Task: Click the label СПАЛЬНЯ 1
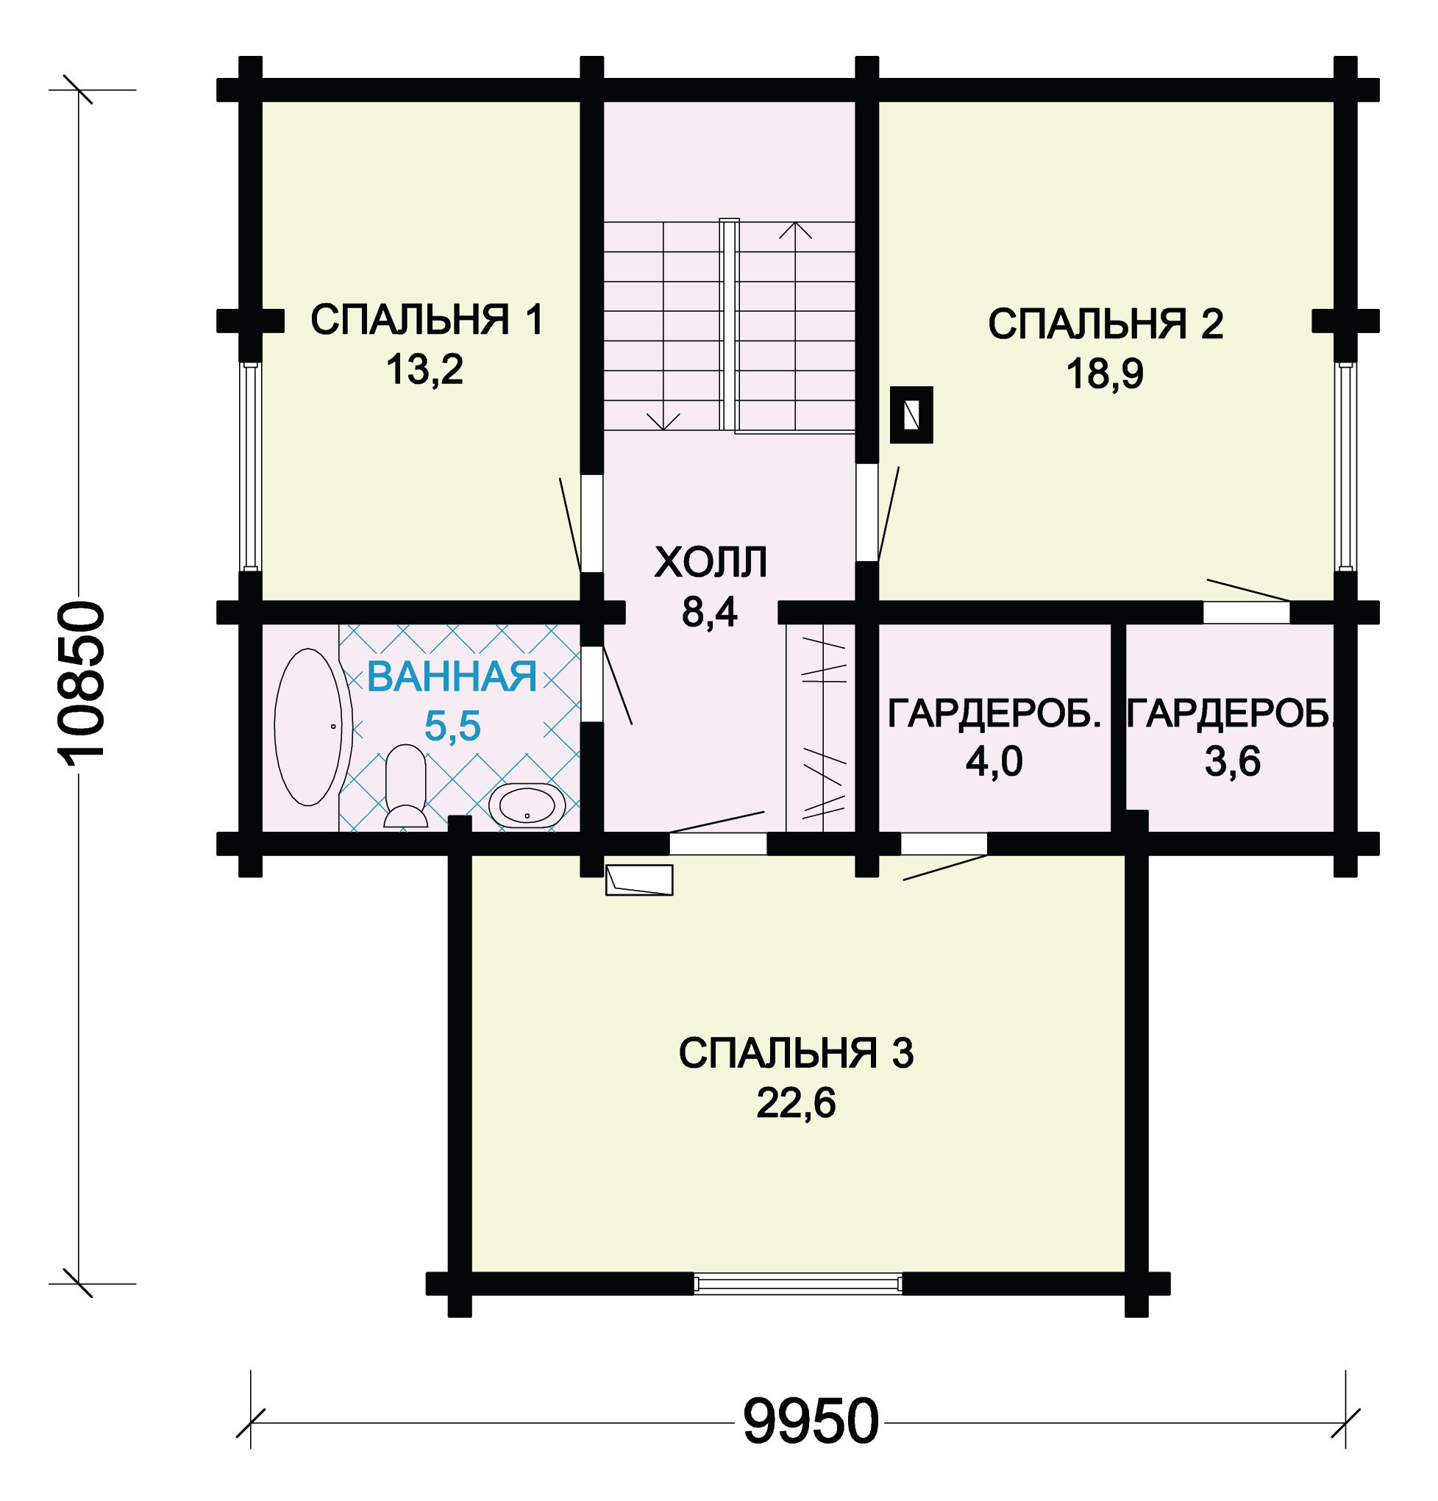(x=427, y=319)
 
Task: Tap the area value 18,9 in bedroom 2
(x=1105, y=374)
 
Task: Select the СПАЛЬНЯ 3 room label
(x=796, y=1053)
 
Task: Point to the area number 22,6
(x=796, y=1104)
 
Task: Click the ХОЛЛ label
(x=711, y=562)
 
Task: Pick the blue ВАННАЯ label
(x=452, y=677)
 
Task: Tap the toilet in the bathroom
(x=405, y=786)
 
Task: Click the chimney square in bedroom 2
(x=911, y=415)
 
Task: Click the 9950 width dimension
(x=811, y=1422)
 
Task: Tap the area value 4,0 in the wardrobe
(x=994, y=762)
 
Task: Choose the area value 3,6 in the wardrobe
(x=1232, y=762)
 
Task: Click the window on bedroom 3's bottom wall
(x=797, y=1283)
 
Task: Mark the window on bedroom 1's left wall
(x=251, y=466)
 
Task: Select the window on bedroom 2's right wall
(x=1345, y=466)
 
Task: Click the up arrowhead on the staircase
(x=795, y=229)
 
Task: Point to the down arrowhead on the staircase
(x=663, y=422)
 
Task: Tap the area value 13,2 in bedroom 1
(x=424, y=369)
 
